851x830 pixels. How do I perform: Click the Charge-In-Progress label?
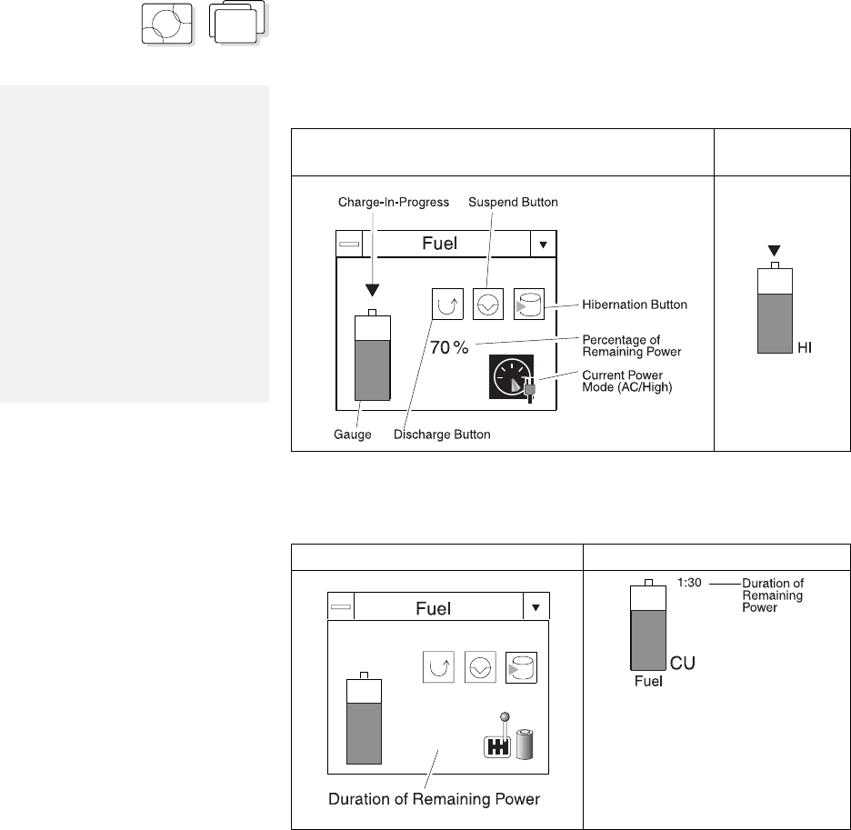coord(394,203)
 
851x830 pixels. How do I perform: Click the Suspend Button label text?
coord(513,203)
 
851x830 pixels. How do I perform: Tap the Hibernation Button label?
coord(635,305)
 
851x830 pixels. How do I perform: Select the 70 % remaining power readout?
coord(449,347)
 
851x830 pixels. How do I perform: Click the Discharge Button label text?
coord(442,435)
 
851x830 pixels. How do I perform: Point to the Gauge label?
coord(352,435)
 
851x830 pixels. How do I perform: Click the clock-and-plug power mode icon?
coord(513,378)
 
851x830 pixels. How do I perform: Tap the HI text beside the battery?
coord(805,348)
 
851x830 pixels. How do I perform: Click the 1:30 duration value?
coord(689,583)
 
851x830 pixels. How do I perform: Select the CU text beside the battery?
coord(683,663)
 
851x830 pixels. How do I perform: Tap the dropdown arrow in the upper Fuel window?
coord(544,245)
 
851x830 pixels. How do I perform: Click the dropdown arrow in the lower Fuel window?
coord(536,607)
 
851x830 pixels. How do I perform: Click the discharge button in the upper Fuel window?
coord(447,304)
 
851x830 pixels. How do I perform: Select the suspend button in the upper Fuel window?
coord(488,304)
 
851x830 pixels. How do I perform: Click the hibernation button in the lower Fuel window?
coord(522,667)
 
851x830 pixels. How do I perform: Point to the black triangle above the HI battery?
coord(775,251)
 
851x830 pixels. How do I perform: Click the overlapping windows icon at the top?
coord(237,22)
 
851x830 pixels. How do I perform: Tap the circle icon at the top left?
coord(167,24)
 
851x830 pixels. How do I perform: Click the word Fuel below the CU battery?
coord(648,681)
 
